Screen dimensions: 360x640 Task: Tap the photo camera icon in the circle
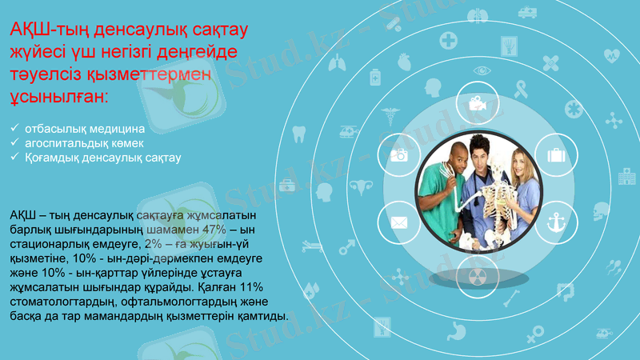[399, 155]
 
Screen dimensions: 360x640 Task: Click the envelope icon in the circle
[398, 222]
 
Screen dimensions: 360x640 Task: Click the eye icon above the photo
[482, 70]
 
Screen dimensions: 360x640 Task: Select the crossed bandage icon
[550, 61]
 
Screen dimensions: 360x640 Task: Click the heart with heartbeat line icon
[612, 56]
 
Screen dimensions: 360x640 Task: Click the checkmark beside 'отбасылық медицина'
[15, 128]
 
